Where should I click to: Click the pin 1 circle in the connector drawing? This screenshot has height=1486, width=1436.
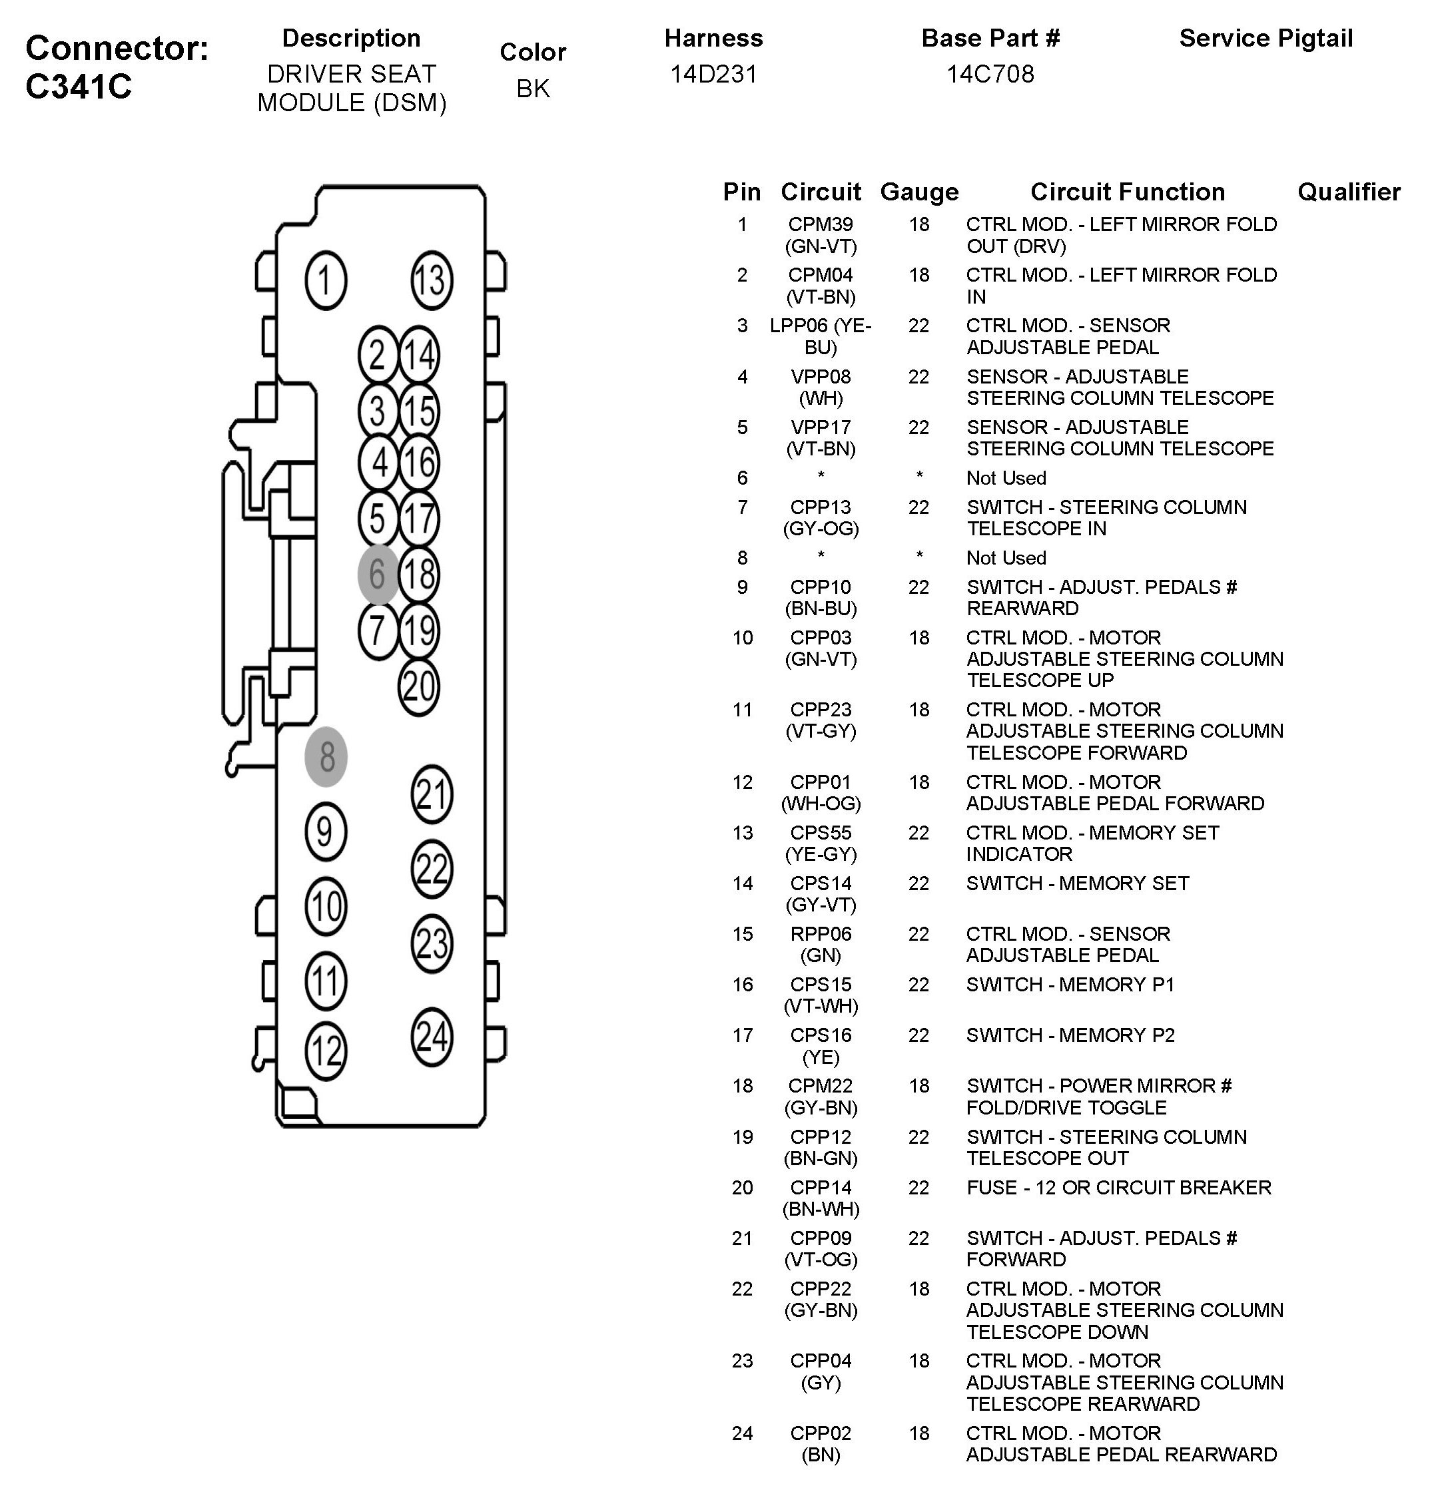pyautogui.click(x=326, y=280)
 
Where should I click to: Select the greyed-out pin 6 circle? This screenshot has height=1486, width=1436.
pyautogui.click(x=378, y=574)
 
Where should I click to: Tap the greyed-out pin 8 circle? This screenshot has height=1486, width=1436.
pyautogui.click(x=326, y=756)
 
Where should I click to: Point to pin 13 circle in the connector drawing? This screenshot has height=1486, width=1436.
pyautogui.click(x=432, y=280)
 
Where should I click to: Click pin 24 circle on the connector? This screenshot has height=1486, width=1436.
pyautogui.click(x=432, y=1037)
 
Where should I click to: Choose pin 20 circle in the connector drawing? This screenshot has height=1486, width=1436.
pyautogui.click(x=419, y=687)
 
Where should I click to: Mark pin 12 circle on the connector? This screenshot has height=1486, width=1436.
pyautogui.click(x=326, y=1051)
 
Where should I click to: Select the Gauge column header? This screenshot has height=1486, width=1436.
pyautogui.click(x=918, y=192)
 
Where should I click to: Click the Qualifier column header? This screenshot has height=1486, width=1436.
pyautogui.click(x=1349, y=192)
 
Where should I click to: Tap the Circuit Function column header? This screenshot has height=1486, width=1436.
pyautogui.click(x=1127, y=192)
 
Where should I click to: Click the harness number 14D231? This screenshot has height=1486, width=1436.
pyautogui.click(x=713, y=75)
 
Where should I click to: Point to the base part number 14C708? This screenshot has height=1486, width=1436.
pyautogui.click(x=990, y=75)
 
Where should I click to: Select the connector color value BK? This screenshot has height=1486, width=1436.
pyautogui.click(x=533, y=89)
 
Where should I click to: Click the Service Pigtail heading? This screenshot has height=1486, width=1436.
pyautogui.click(x=1265, y=39)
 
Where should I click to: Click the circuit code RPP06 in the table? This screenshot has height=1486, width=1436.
pyautogui.click(x=821, y=934)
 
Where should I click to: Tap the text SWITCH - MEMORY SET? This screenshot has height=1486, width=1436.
pyautogui.click(x=1077, y=883)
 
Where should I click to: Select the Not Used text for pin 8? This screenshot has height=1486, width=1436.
pyautogui.click(x=1006, y=558)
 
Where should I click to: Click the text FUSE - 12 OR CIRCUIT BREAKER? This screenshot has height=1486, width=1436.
pyautogui.click(x=1118, y=1187)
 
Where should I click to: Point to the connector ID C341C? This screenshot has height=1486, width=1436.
pyautogui.click(x=79, y=87)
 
